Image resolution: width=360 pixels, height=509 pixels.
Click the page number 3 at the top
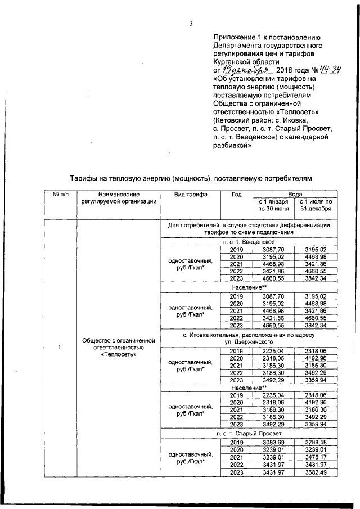coord(191,23)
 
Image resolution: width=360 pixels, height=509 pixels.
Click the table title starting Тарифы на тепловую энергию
coord(190,178)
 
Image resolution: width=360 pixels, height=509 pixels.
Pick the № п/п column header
coord(60,195)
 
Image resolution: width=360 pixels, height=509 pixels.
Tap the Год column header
coord(236,195)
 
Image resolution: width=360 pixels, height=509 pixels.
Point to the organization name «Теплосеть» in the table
coord(118,355)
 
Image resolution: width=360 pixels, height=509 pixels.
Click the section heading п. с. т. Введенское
coord(248,241)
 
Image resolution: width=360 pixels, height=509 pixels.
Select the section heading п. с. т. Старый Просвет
coord(248,434)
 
